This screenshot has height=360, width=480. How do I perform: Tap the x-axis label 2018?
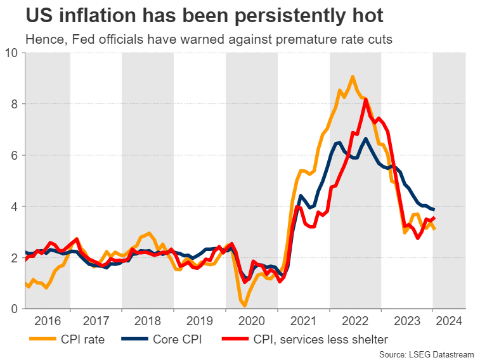point(148,321)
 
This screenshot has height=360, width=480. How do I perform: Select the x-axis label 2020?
point(252,321)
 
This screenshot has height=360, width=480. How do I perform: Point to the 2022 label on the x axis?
point(356,321)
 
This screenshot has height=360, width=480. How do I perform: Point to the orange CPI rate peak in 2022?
point(353,77)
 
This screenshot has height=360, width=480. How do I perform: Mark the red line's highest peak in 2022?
point(366,100)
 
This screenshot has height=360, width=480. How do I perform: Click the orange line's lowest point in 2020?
point(244,306)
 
